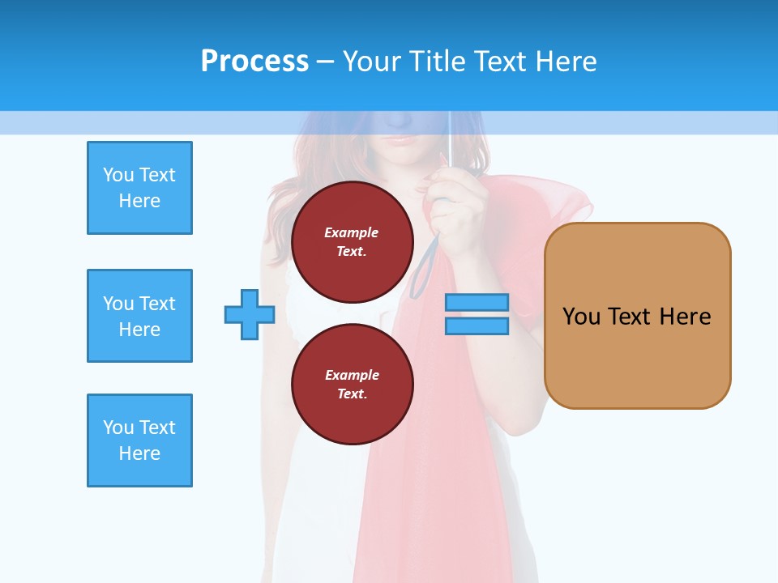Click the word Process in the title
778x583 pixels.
coord(254,62)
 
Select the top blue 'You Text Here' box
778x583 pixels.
coord(139,188)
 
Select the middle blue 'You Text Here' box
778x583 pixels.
coord(139,316)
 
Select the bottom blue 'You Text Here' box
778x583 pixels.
coord(139,440)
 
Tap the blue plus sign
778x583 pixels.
coord(250,315)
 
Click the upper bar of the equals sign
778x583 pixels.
coord(477,303)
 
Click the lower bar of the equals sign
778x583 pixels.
coord(477,326)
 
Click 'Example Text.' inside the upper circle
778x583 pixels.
coord(352,241)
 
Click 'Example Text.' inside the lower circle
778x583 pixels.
coord(352,384)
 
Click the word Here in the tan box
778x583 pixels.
coord(685,317)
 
